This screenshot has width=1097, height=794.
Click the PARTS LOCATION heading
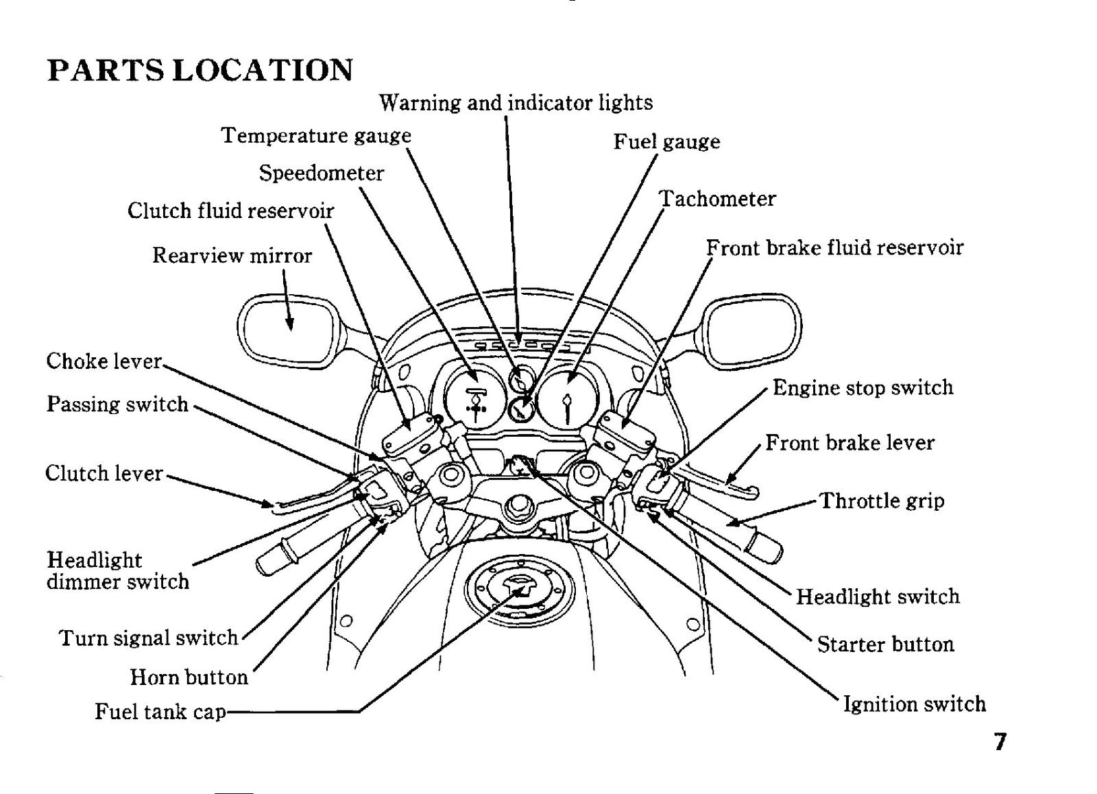pos(200,70)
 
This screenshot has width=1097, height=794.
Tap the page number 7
pos(1000,742)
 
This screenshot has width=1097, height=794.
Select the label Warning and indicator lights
pos(516,103)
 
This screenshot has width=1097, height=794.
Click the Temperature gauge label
pos(316,136)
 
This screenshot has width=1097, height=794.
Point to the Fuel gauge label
pos(666,141)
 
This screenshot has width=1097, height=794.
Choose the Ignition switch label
pos(915,704)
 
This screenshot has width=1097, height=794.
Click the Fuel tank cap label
pos(160,711)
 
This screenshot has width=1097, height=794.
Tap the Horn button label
pos(189,677)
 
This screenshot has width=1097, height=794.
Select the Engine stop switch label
pos(863,388)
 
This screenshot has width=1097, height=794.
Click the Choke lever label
pos(104,361)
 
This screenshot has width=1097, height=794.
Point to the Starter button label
pos(886,644)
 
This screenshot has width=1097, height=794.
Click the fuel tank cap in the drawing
pos(519,593)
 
